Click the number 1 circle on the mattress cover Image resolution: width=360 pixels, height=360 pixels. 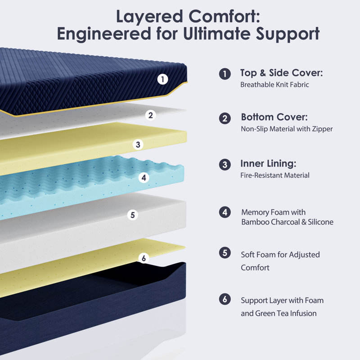point(163,79)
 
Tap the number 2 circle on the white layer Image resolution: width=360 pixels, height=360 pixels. point(151,115)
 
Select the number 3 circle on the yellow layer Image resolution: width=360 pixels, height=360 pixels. point(139,144)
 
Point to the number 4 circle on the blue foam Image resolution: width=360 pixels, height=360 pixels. point(144,178)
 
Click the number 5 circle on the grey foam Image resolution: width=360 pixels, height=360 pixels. point(132,215)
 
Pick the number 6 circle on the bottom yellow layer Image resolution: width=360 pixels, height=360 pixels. point(144,258)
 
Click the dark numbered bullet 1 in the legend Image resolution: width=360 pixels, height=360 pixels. point(225,74)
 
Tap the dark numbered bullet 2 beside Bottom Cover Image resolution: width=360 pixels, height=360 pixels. point(225,118)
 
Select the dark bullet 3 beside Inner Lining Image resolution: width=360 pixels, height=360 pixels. point(225,164)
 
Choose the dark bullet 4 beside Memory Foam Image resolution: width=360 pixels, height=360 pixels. point(225,212)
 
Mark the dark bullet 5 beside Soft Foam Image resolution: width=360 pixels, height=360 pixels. point(225,253)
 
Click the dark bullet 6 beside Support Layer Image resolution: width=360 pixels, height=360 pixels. point(225,299)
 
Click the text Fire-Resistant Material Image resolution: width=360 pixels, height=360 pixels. point(275,175)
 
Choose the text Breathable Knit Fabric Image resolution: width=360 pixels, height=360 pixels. point(274,85)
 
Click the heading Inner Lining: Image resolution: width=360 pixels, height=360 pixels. point(268,163)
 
